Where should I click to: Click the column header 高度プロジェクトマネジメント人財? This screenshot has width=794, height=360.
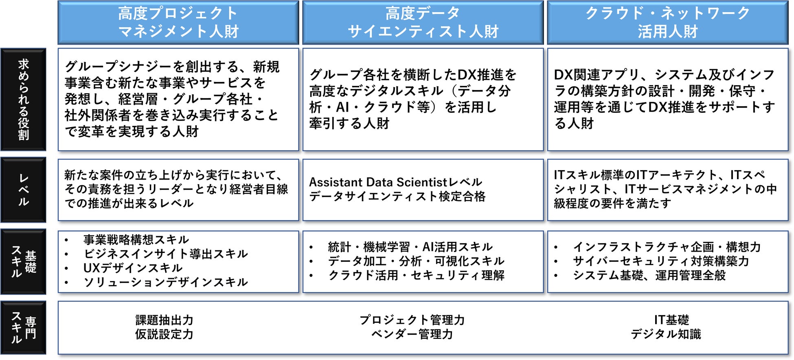click(178, 22)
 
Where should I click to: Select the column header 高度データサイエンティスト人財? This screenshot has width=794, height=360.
click(423, 22)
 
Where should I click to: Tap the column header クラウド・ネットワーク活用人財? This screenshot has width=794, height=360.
click(668, 22)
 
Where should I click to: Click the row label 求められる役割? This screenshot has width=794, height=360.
click(23, 99)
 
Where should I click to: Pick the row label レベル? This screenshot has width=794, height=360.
click(23, 190)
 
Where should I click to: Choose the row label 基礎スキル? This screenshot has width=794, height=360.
click(23, 261)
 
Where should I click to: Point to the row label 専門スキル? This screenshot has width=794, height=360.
click(23, 327)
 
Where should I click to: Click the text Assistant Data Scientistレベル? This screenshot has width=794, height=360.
click(395, 182)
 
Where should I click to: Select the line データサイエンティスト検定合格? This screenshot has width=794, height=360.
click(397, 196)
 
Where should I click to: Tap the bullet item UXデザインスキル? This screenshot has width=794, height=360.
click(133, 268)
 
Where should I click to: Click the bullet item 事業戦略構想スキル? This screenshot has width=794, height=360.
click(136, 239)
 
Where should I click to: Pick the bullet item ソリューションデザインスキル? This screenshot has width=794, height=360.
click(165, 282)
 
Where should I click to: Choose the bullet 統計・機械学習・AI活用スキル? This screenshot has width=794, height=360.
click(410, 247)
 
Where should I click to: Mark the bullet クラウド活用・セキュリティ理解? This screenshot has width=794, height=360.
click(416, 275)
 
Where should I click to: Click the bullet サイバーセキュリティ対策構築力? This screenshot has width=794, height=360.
click(661, 261)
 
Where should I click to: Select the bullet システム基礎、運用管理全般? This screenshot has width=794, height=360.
click(649, 275)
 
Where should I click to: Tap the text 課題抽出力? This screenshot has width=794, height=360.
click(164, 320)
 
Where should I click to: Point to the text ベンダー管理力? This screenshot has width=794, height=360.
click(412, 334)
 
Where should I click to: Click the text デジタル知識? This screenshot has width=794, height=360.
click(666, 334)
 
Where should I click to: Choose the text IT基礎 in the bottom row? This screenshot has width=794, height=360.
click(671, 320)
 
